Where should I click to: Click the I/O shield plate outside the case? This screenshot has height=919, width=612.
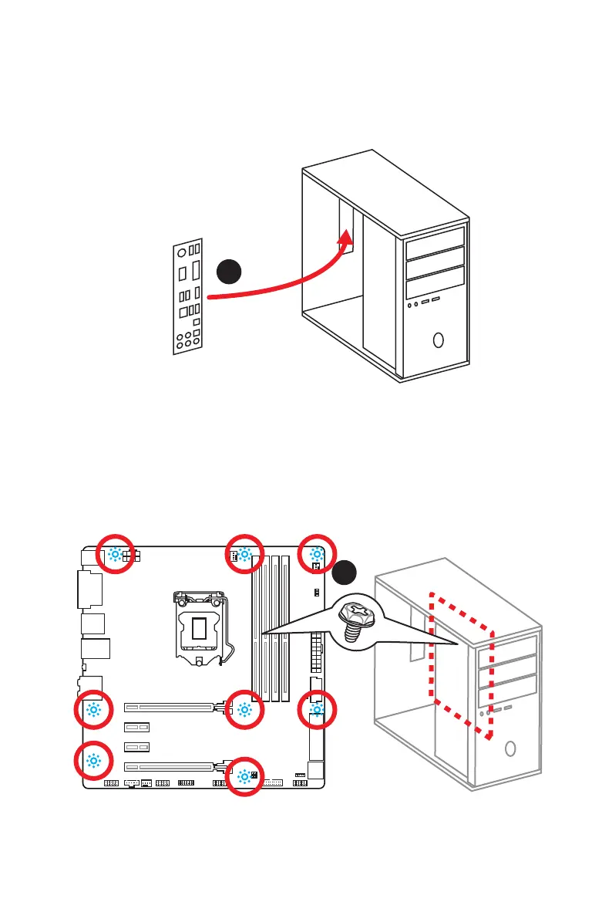187,297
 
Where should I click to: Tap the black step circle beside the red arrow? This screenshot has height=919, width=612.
229,272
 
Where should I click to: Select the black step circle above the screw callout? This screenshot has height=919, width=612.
346,573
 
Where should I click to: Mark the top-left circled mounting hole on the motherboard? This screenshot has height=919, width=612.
115,554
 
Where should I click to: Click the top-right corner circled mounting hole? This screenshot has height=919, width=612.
317,554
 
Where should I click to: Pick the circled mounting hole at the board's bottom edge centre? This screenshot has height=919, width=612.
245,776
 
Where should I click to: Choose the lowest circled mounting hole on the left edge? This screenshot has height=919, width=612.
94,760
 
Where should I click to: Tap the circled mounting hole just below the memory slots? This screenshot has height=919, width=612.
244,710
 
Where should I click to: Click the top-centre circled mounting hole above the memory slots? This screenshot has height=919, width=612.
244,554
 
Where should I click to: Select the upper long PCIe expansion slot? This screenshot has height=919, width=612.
170,707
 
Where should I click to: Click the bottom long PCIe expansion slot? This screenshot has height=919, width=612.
170,767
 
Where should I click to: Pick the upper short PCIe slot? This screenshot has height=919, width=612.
136,727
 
